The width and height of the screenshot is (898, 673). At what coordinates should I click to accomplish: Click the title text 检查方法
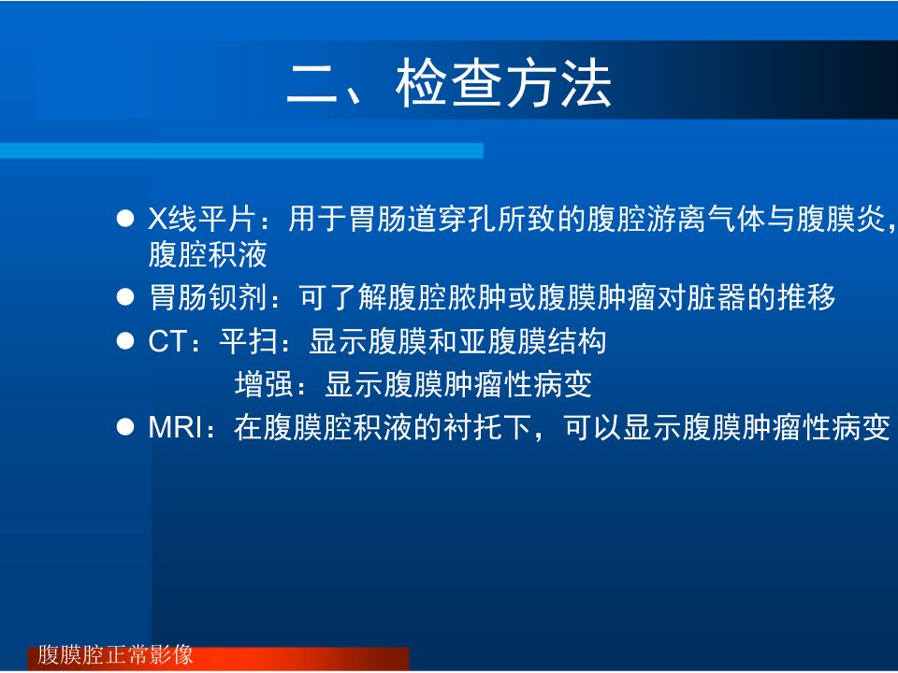tap(504, 84)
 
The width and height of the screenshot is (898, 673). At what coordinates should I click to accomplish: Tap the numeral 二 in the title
tap(312, 84)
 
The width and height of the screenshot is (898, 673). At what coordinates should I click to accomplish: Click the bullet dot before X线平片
tap(124, 219)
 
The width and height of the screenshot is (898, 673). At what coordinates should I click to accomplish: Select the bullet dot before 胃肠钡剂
tap(124, 297)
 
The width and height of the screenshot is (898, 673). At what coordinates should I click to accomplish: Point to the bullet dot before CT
tap(124, 341)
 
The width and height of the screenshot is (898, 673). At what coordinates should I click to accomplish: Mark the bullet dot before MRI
tap(124, 427)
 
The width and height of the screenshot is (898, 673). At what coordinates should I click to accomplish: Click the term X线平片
tap(201, 219)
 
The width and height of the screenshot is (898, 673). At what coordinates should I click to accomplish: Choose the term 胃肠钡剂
tap(208, 297)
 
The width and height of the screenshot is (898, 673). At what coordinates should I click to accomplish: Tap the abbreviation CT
tap(167, 342)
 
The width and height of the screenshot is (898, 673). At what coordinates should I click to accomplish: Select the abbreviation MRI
tap(175, 427)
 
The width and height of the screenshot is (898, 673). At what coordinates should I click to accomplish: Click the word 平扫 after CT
tap(249, 342)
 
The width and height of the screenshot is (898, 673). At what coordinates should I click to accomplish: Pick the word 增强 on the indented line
tap(264, 384)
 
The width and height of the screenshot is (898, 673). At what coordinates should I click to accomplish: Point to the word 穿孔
tap(467, 219)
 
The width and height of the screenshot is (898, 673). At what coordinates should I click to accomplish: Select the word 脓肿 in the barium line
tap(477, 297)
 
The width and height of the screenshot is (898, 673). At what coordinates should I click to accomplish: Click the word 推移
tap(805, 297)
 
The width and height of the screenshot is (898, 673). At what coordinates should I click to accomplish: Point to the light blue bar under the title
tap(241, 150)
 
